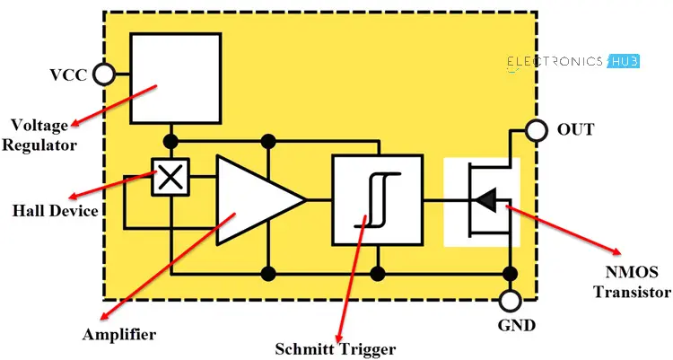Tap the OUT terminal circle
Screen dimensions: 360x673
[x=537, y=131]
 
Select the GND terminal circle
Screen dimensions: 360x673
[x=510, y=301]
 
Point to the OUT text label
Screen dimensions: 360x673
[x=575, y=130]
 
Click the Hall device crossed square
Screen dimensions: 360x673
[x=170, y=178]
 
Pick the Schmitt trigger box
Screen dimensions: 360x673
[x=377, y=199]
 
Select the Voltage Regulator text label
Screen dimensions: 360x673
[x=40, y=135]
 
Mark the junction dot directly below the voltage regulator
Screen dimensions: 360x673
[x=170, y=142]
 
